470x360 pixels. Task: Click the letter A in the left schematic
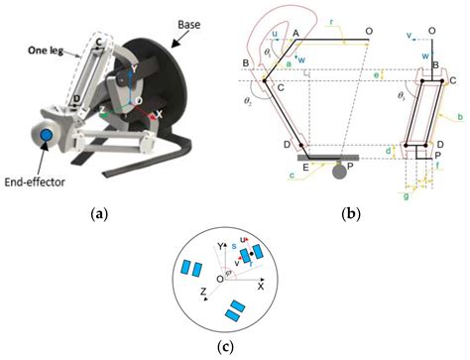(x=296, y=32)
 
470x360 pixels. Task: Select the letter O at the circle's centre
(x=219, y=279)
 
